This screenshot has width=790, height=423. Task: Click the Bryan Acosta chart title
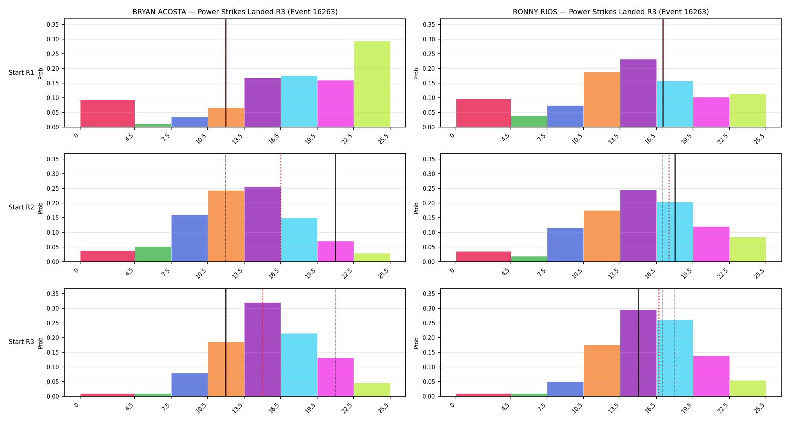tap(235, 12)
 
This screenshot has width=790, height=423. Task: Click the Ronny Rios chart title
tap(611, 12)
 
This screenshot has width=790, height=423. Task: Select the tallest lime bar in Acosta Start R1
tap(372, 84)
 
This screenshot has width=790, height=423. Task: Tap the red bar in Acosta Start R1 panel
tap(108, 114)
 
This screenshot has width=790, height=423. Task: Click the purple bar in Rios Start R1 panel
tap(638, 93)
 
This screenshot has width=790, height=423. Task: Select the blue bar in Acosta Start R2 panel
tap(190, 238)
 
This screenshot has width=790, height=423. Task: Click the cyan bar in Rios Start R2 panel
tap(675, 232)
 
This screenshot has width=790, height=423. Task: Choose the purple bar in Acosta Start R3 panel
tap(262, 349)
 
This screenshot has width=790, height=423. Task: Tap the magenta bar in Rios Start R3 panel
tap(711, 376)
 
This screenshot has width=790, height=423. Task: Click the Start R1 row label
tap(21, 73)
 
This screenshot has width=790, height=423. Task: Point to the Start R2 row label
tap(21, 207)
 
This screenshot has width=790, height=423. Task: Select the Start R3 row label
tap(21, 342)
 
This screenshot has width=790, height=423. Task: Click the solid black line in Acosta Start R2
tap(335, 208)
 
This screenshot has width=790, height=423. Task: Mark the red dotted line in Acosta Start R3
tap(262, 343)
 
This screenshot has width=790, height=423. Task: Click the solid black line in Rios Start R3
tap(638, 343)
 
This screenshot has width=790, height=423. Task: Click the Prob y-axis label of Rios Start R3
tap(416, 343)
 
